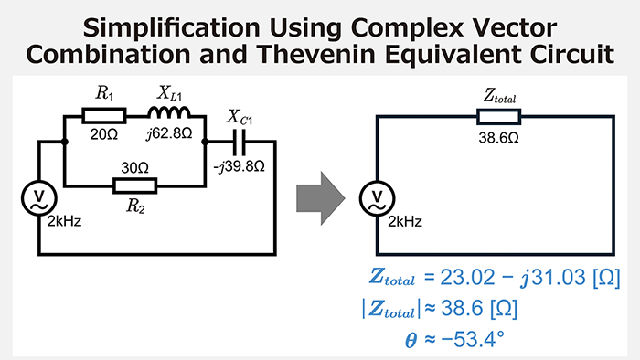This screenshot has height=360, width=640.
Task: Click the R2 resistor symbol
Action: (x=134, y=185)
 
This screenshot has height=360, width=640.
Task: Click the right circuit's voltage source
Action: (x=377, y=196)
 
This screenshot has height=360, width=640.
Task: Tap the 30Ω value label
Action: (x=134, y=167)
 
